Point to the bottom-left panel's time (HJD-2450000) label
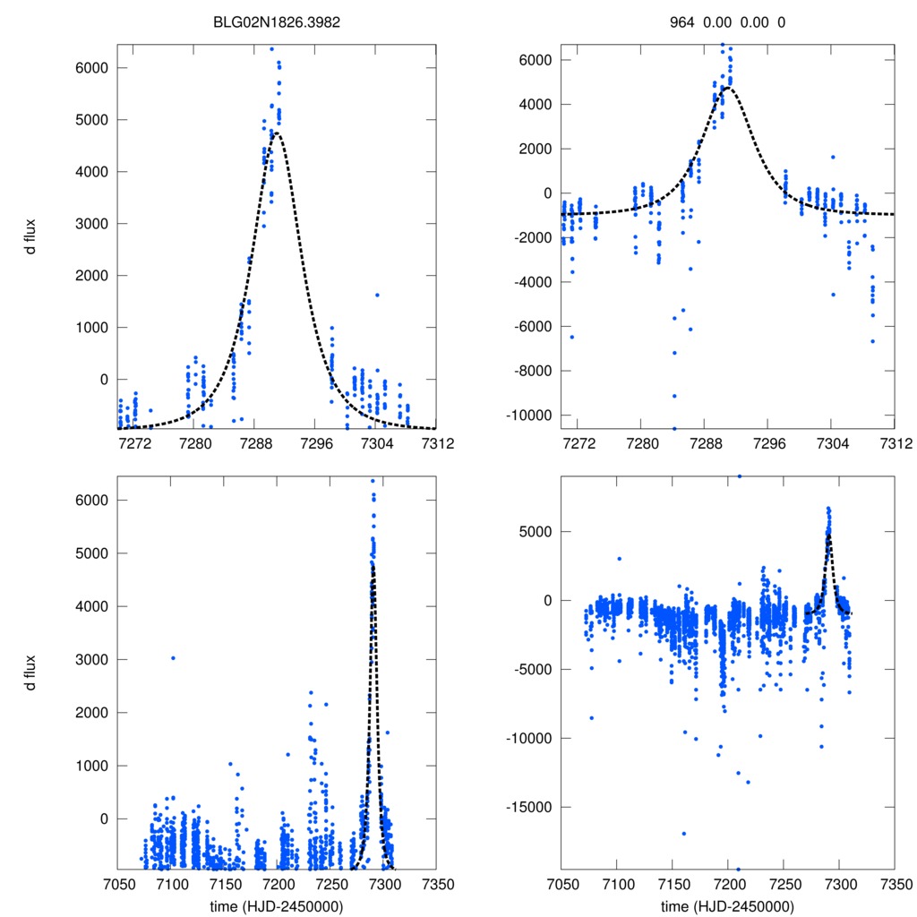tap(277, 906)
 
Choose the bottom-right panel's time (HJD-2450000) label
tap(727, 906)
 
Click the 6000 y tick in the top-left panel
tap(92, 68)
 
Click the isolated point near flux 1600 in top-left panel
tap(377, 295)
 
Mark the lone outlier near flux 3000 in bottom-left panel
tap(173, 658)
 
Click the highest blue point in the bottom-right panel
tap(739, 476)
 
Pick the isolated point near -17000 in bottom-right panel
tap(683, 834)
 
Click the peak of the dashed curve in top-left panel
tap(277, 133)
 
